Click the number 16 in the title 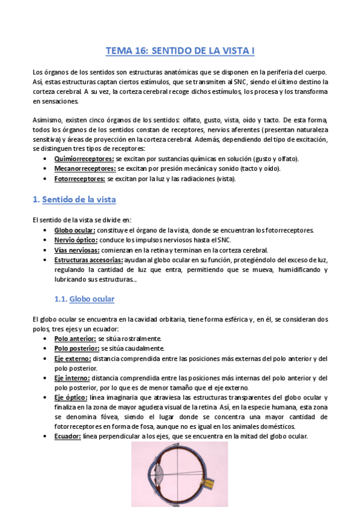tap(138, 52)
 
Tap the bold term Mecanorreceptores tap(84, 169)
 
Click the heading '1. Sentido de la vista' tap(74, 199)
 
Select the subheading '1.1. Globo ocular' tap(84, 298)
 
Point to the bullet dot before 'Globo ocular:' tap(46, 230)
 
